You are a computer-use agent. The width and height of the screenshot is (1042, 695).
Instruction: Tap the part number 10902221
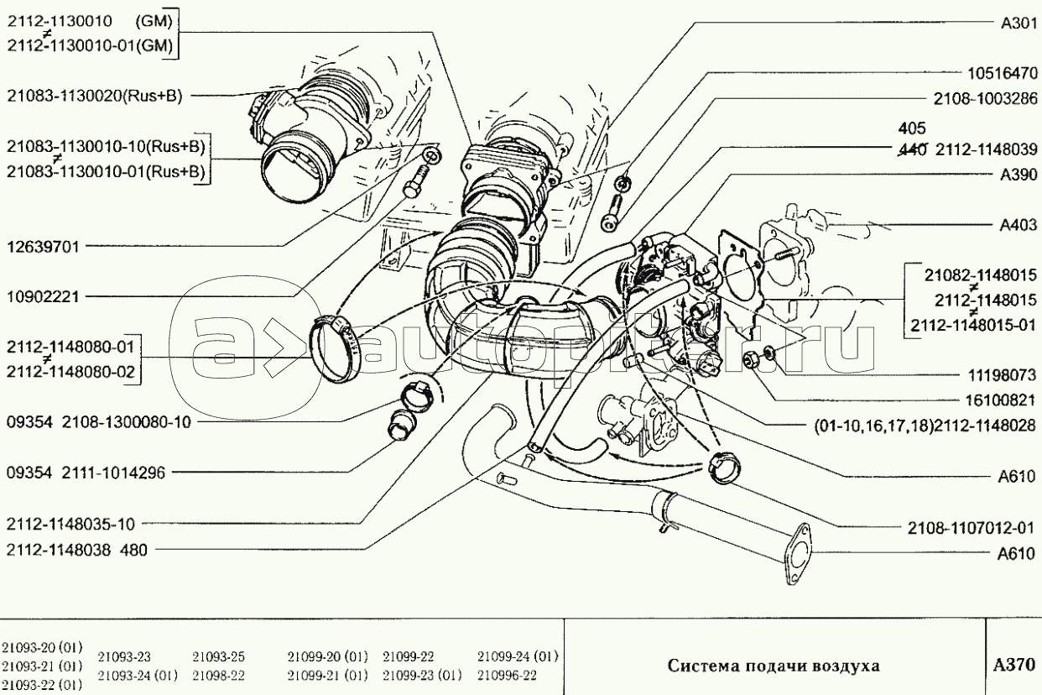[43, 296]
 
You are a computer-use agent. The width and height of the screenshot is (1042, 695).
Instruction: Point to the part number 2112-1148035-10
[70, 525]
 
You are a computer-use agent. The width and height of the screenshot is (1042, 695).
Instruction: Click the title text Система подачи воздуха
[774, 666]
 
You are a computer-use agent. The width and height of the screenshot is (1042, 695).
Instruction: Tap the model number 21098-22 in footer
[218, 675]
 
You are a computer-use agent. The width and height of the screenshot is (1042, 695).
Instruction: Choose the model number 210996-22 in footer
[507, 675]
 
